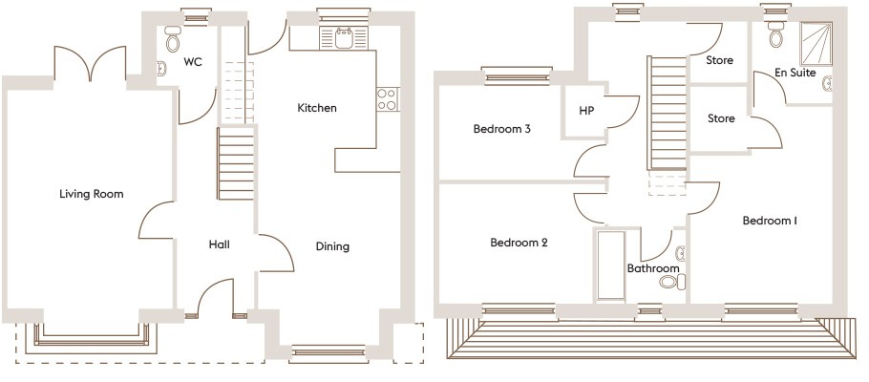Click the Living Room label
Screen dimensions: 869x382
click(92, 194)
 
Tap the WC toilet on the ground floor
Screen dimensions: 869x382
click(173, 38)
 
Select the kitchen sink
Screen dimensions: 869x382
click(344, 37)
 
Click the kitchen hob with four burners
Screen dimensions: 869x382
click(388, 99)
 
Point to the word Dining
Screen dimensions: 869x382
click(332, 246)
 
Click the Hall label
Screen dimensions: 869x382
click(219, 244)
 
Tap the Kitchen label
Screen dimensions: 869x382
click(317, 108)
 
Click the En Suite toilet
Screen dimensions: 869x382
click(775, 34)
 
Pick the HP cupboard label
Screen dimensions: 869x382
click(586, 111)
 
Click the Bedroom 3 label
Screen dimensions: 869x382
click(502, 129)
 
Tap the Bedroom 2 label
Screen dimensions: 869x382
click(519, 243)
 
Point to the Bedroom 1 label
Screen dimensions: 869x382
click(770, 221)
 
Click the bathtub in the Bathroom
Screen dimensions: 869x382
click(611, 265)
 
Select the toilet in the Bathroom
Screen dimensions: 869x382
click(672, 282)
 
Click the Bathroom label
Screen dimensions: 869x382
click(653, 268)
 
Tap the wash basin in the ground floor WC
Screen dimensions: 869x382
click(160, 69)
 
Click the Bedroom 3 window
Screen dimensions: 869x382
click(517, 76)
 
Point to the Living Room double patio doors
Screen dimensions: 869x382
click(91, 64)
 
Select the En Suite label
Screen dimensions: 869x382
click(795, 73)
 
